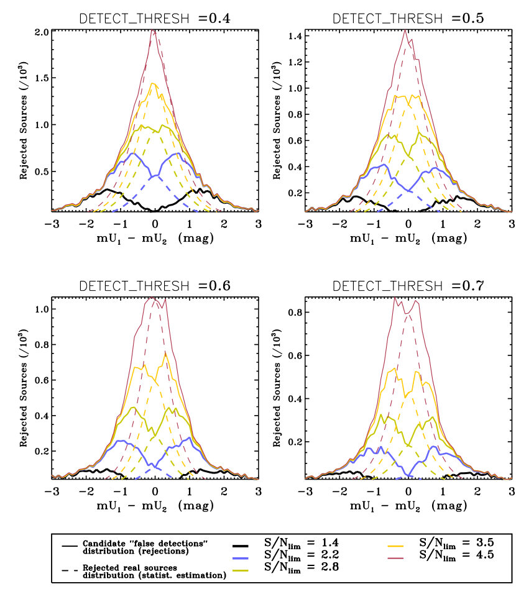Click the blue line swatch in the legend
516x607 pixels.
pyautogui.click(x=240, y=559)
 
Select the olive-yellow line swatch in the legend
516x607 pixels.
pyautogui.click(x=240, y=570)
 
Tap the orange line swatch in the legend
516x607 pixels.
pyautogui.click(x=395, y=547)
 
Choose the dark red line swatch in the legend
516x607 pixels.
pyautogui.click(x=395, y=559)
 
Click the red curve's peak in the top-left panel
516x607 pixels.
pyautogui.click(x=152, y=30)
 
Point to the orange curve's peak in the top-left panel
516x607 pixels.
pyautogui.click(x=152, y=83)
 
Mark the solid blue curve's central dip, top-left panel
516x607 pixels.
pyautogui.click(x=155, y=176)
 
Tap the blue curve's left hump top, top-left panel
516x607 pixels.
pyautogui.click(x=132, y=153)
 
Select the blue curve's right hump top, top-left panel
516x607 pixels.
pyautogui.click(x=178, y=153)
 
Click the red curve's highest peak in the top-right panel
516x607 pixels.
pyautogui.click(x=405, y=30)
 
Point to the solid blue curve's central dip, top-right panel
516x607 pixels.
pyautogui.click(x=408, y=191)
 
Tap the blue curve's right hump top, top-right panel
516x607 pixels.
pyautogui.click(x=434, y=167)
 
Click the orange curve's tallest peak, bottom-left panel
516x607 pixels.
pyautogui.click(x=165, y=352)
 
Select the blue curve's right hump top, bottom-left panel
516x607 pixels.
pyautogui.click(x=188, y=437)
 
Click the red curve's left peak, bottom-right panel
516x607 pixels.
pyautogui.click(x=395, y=297)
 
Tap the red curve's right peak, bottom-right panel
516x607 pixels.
pyautogui.click(x=417, y=301)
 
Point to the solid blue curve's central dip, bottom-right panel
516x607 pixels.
pyautogui.click(x=408, y=476)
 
